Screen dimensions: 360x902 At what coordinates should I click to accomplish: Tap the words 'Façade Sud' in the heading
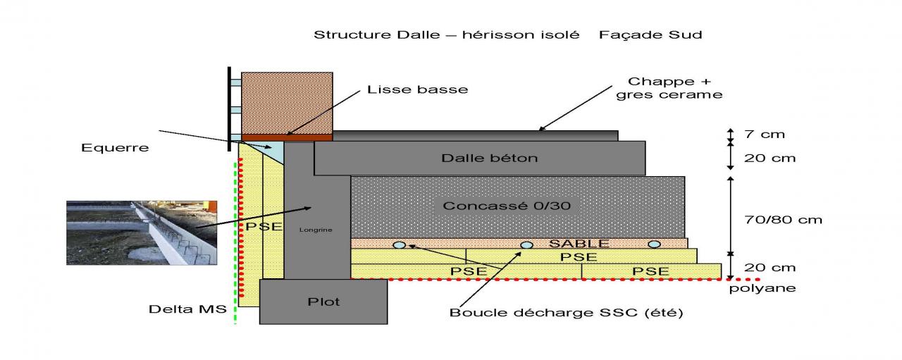(x=650, y=35)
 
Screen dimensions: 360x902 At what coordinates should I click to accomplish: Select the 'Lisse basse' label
(x=417, y=89)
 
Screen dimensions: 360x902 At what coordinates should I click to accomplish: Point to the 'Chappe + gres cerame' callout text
(x=669, y=88)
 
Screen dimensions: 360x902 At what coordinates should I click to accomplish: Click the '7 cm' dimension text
(x=764, y=134)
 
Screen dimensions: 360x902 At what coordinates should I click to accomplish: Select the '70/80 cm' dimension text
(x=782, y=219)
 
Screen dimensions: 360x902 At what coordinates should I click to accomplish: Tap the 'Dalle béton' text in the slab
(x=489, y=158)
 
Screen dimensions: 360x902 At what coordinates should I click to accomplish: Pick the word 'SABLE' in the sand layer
(x=569, y=243)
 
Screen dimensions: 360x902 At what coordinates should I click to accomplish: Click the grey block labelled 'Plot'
(x=323, y=302)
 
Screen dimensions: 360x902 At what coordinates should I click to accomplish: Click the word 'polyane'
(x=762, y=287)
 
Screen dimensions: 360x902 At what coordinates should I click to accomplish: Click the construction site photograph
(x=141, y=233)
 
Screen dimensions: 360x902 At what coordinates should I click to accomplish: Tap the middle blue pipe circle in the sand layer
(x=526, y=244)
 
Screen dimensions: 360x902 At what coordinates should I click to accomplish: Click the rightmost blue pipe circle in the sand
(x=654, y=244)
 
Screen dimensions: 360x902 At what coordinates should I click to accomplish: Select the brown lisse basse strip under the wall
(x=286, y=137)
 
